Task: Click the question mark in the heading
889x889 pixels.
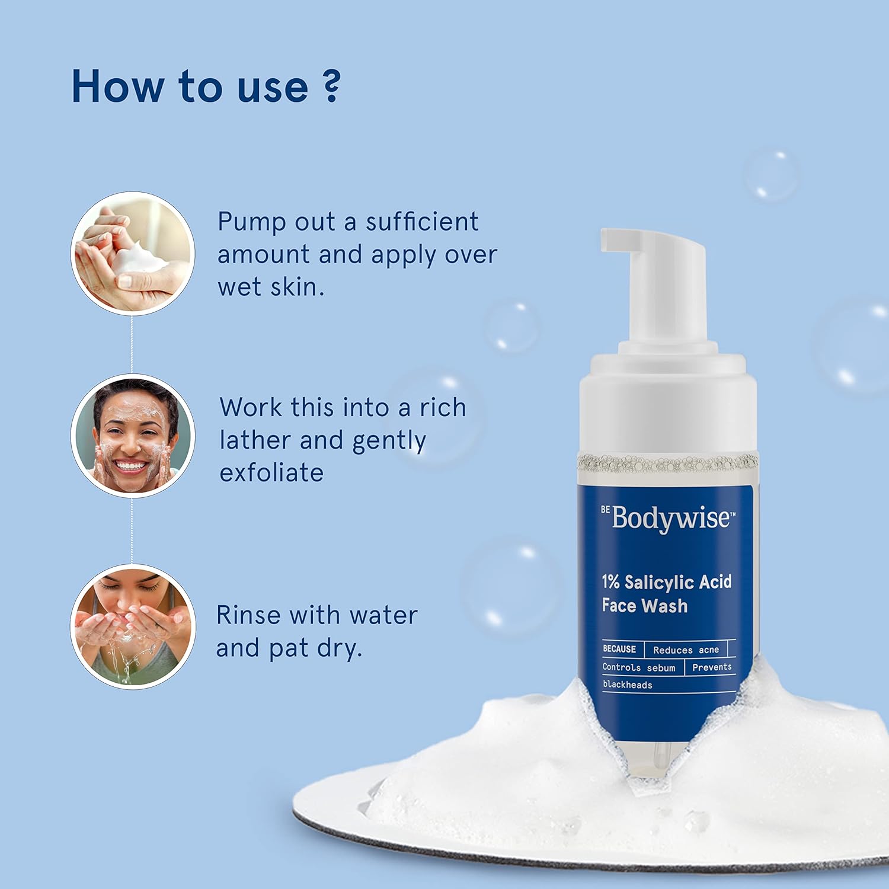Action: tap(332, 87)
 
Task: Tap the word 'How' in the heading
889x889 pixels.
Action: tap(117, 87)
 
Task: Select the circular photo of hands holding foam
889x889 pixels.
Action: tap(133, 253)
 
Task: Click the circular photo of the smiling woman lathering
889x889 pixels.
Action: tap(133, 436)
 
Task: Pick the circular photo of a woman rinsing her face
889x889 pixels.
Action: tap(133, 626)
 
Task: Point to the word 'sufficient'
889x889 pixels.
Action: tap(421, 222)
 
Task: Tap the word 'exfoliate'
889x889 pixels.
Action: tap(271, 473)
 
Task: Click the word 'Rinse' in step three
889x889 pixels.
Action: tap(248, 615)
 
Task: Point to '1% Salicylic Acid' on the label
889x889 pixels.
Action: tap(666, 582)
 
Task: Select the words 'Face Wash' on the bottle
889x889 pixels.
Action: tap(644, 606)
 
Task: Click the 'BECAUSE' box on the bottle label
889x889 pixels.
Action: tap(619, 649)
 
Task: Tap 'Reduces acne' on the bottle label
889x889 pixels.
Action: tap(686, 650)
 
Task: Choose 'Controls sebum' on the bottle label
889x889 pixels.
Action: tap(638, 667)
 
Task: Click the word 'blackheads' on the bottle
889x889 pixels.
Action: tap(627, 685)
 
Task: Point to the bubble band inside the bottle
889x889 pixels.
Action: tap(667, 463)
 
